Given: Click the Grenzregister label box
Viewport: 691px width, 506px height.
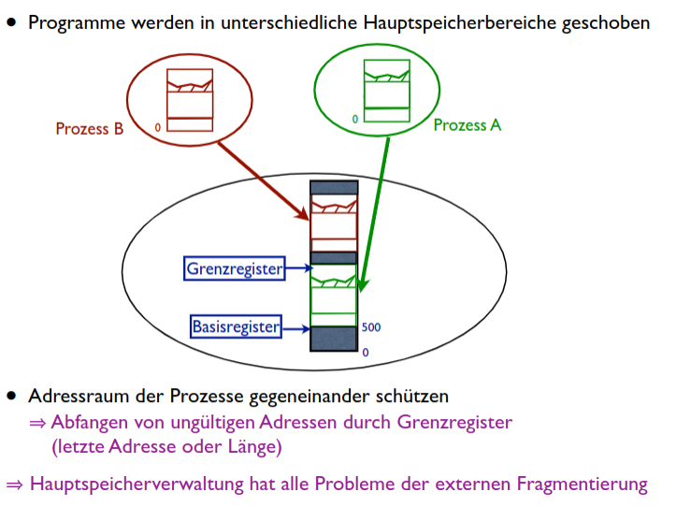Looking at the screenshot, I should [234, 269].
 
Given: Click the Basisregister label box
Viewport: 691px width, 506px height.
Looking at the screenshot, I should [236, 327].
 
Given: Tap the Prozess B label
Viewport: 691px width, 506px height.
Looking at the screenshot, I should [89, 129].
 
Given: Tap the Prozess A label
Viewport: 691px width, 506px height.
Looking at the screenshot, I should [467, 124].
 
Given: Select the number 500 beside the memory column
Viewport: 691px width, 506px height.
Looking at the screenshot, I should [370, 328].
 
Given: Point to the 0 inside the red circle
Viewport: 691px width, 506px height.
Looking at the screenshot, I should [158, 126].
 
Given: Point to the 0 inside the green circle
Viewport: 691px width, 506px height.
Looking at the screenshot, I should [355, 119].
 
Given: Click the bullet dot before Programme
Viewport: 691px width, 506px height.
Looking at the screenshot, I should [12, 20].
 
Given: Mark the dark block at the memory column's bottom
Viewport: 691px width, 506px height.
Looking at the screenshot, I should [334, 339].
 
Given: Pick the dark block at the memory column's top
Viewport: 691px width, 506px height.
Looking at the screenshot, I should [334, 187].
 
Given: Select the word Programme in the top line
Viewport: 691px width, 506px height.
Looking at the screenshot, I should [71, 22].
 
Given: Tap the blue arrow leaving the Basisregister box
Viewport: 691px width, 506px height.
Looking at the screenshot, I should [295, 328].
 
